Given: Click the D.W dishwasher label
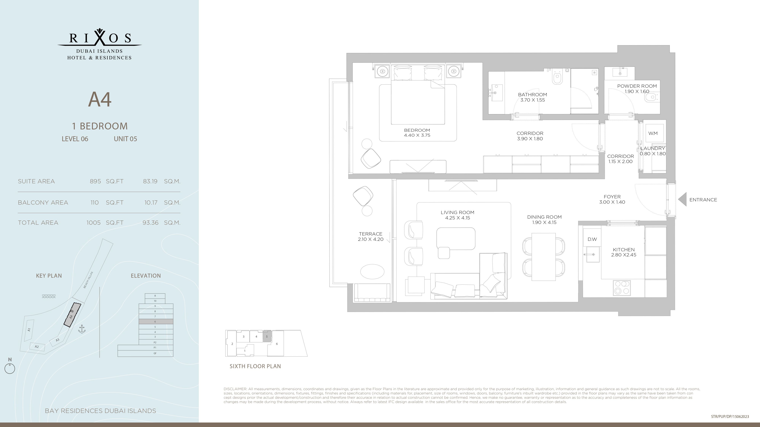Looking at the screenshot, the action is (592, 239).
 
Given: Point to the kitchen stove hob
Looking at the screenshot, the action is (622, 288).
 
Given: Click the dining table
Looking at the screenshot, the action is (543, 257).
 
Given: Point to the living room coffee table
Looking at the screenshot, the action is (456, 239).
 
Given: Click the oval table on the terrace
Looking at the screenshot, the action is (372, 271).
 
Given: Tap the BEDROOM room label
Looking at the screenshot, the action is (417, 130).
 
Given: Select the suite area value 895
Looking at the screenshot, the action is (95, 181).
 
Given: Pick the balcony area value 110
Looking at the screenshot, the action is (94, 202).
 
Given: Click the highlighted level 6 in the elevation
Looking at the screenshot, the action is (156, 321).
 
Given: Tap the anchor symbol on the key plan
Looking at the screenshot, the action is (82, 329).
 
